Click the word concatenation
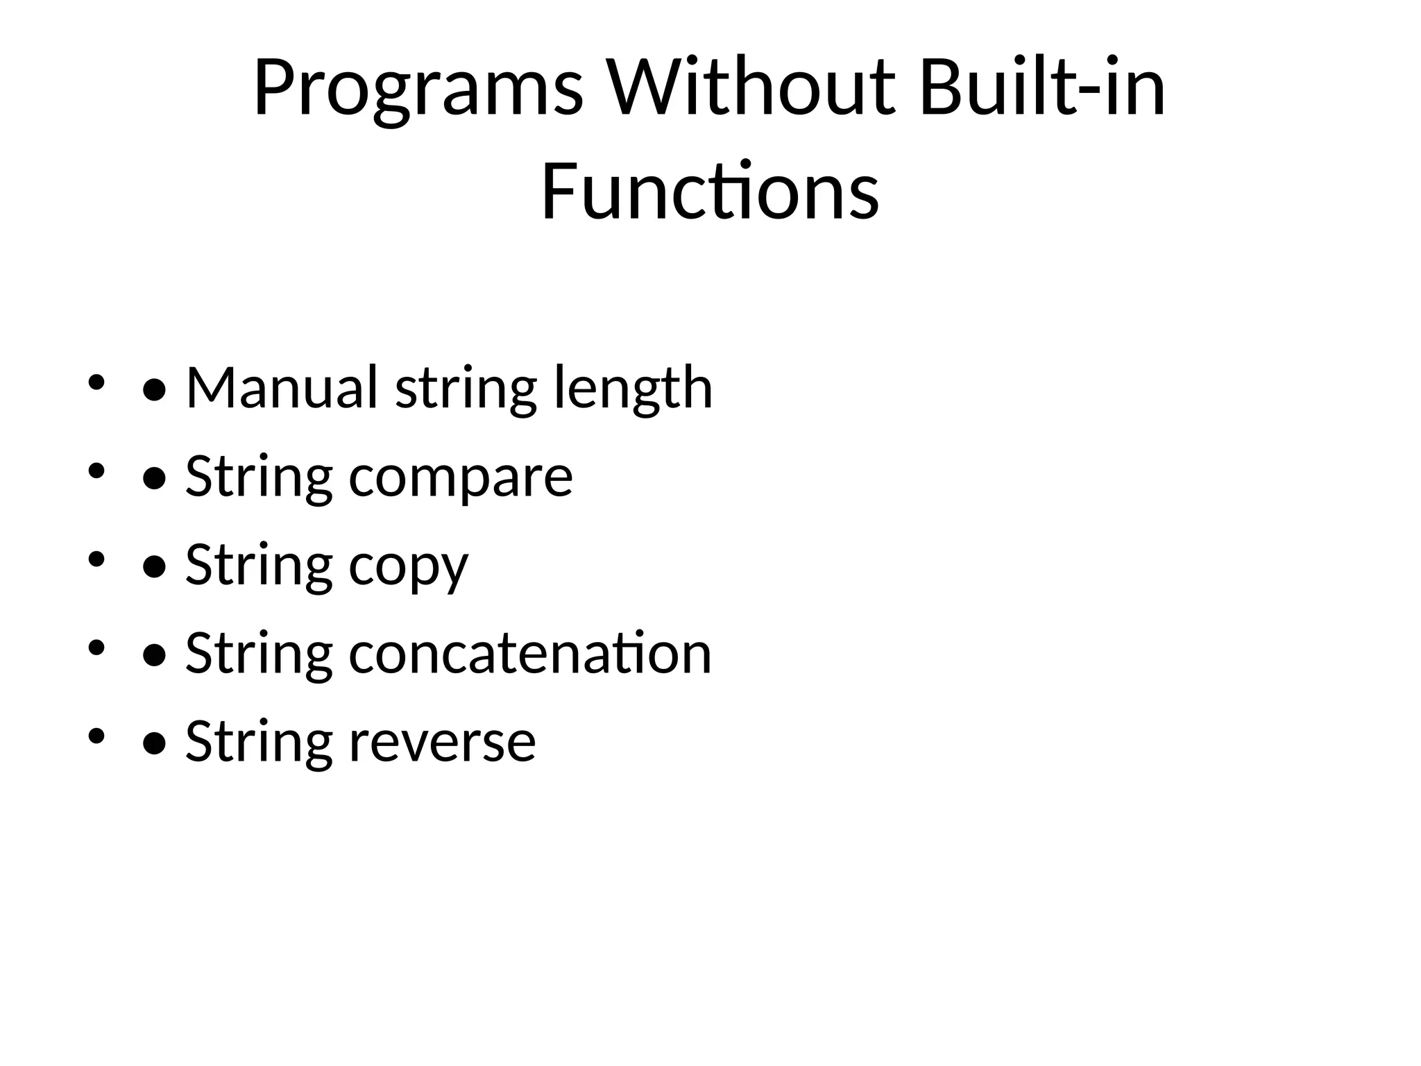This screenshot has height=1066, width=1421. click(x=529, y=653)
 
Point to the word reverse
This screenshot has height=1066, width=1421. click(x=442, y=742)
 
